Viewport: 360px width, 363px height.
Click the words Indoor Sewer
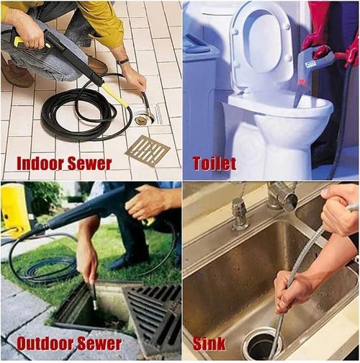tap(63, 163)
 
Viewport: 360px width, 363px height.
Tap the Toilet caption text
tap(214, 163)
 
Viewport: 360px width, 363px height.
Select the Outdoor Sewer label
tap(68, 344)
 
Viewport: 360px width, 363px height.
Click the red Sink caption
tap(209, 344)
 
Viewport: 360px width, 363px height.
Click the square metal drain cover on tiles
tap(148, 151)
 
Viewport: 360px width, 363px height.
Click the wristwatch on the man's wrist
tap(123, 62)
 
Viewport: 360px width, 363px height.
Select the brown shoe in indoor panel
tap(18, 72)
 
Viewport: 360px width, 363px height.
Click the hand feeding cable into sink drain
tap(292, 289)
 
